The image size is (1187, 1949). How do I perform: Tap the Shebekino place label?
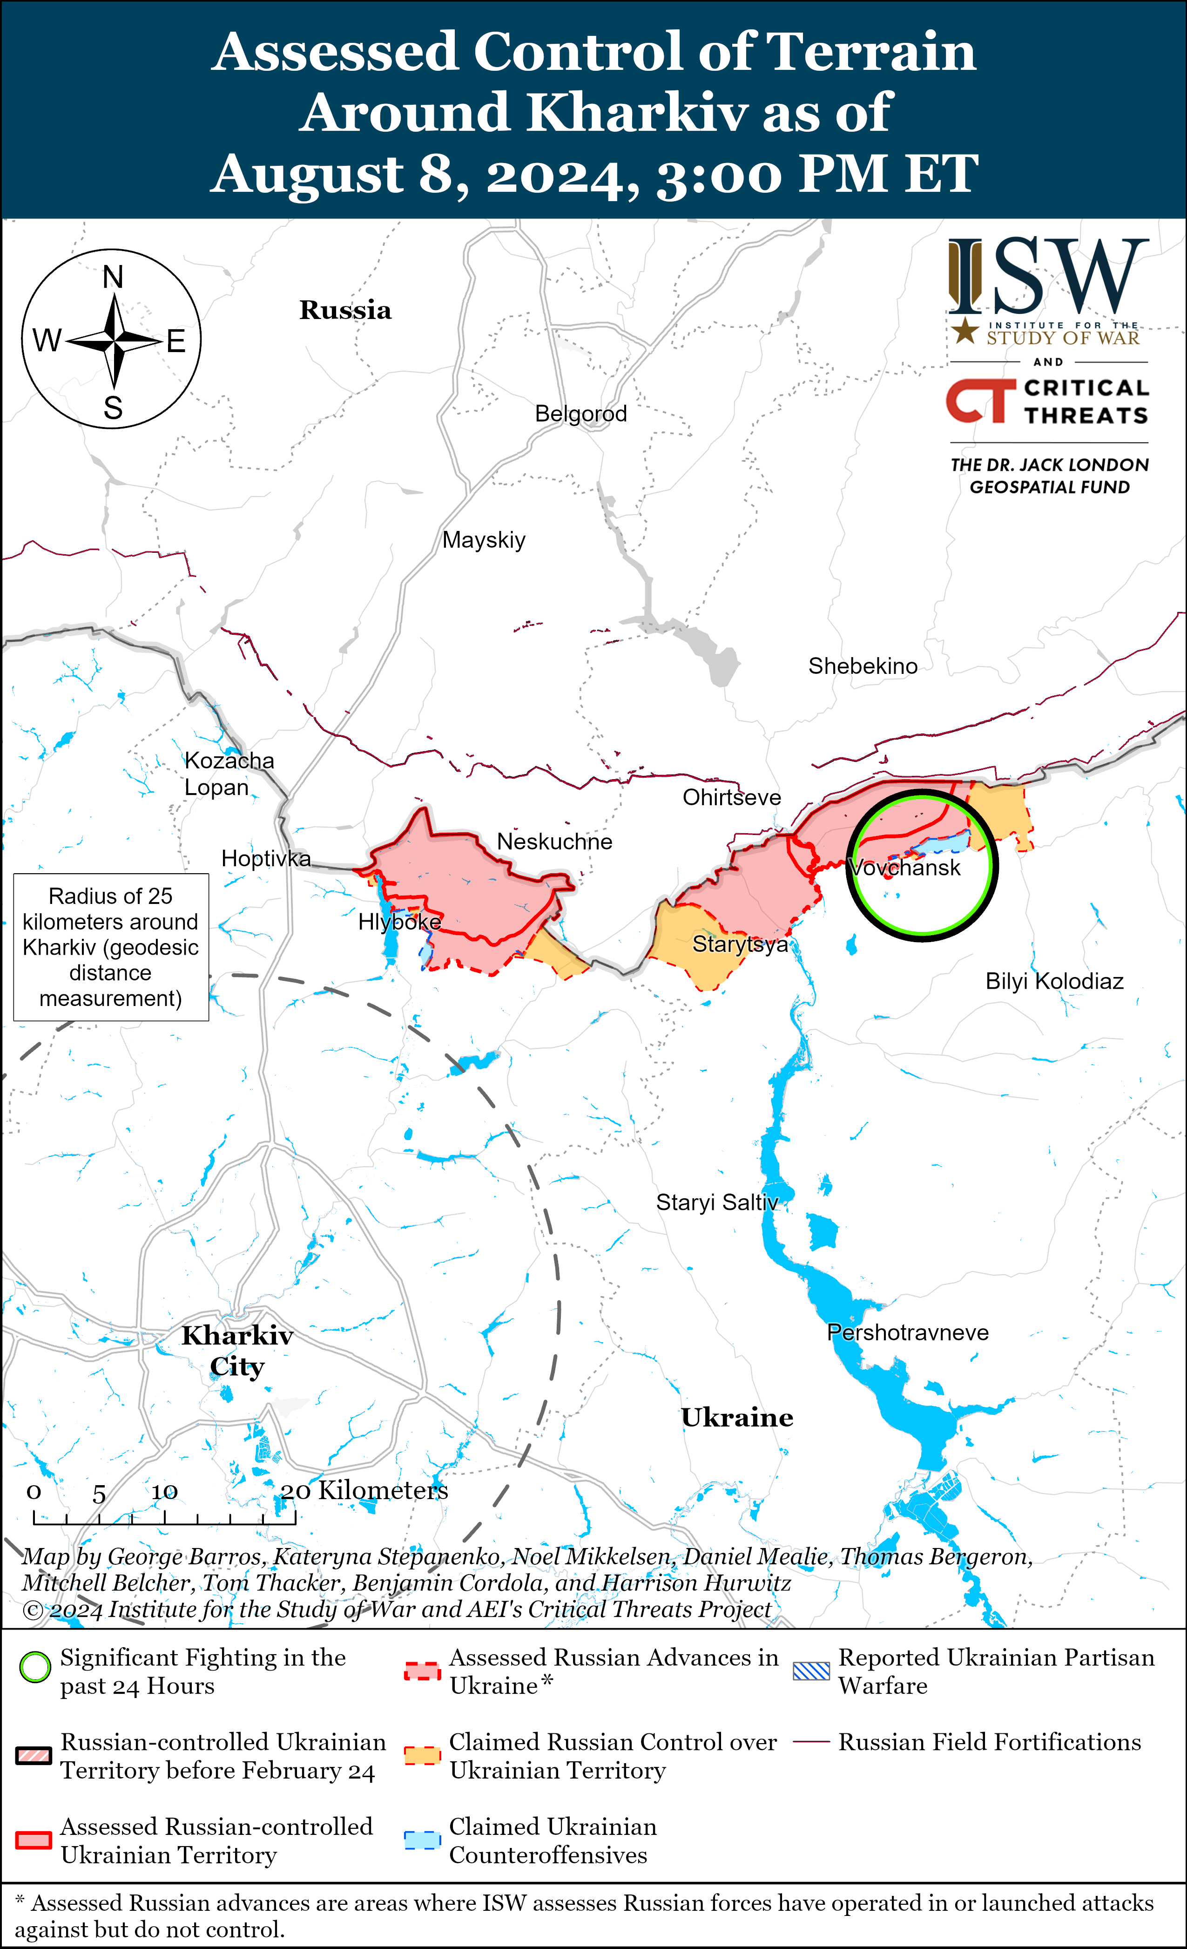(862, 666)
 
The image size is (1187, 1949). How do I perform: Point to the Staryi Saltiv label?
(716, 1202)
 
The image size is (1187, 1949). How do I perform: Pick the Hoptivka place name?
(266, 858)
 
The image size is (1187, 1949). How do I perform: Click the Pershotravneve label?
(907, 1333)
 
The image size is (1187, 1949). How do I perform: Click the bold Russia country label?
(345, 310)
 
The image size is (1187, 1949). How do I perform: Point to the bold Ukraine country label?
(737, 1418)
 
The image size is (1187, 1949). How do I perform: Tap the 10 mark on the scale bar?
(164, 1492)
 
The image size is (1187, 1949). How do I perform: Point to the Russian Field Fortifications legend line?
(811, 1742)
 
